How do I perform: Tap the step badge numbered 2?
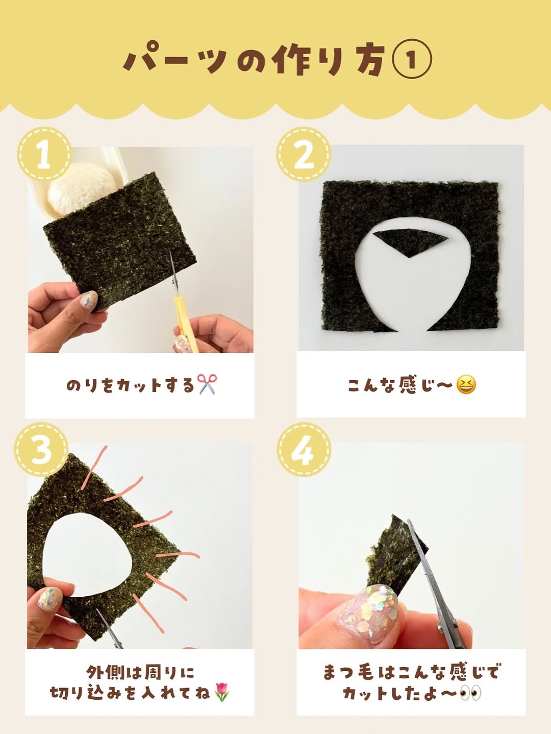[x=304, y=155]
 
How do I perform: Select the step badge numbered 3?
[x=41, y=449]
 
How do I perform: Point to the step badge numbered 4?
[x=304, y=449]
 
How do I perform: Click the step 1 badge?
[x=44, y=155]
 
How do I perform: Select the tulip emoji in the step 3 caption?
[x=221, y=691]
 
